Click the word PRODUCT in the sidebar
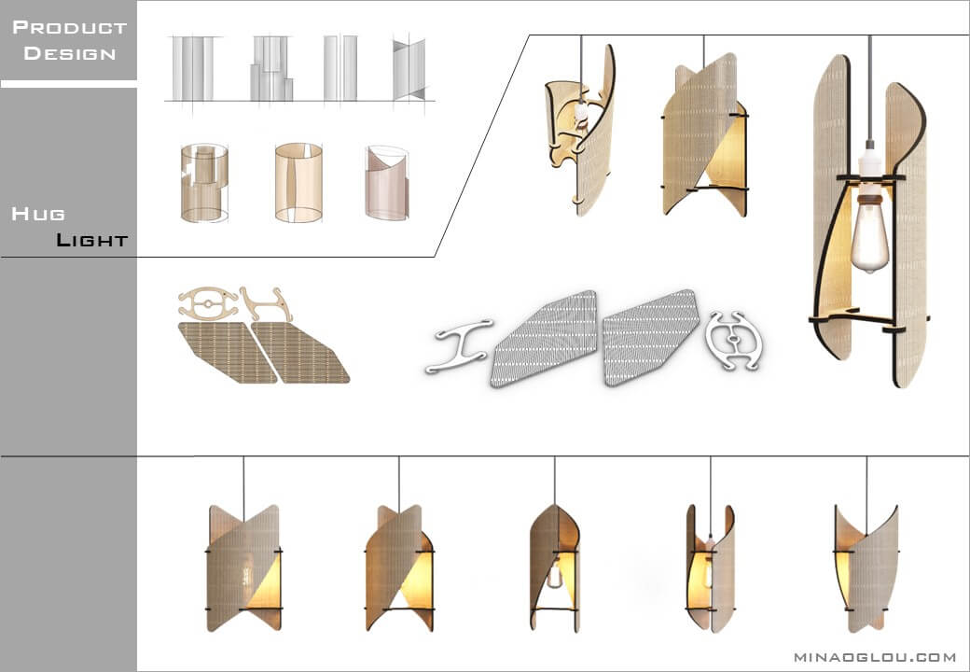[69, 27]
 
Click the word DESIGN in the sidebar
[70, 53]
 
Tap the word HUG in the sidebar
[37, 214]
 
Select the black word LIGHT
[91, 240]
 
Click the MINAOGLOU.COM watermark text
[875, 656]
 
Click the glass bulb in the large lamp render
[870, 238]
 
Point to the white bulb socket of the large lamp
[870, 160]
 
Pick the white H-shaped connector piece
[459, 346]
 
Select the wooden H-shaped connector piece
[267, 304]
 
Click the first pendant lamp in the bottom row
[243, 567]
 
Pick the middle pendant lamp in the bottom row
[554, 567]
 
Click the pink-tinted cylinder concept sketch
[387, 183]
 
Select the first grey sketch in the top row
[193, 68]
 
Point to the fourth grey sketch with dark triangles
[409, 69]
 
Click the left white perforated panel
[545, 338]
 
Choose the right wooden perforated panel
[300, 353]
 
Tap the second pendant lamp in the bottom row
[399, 567]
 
